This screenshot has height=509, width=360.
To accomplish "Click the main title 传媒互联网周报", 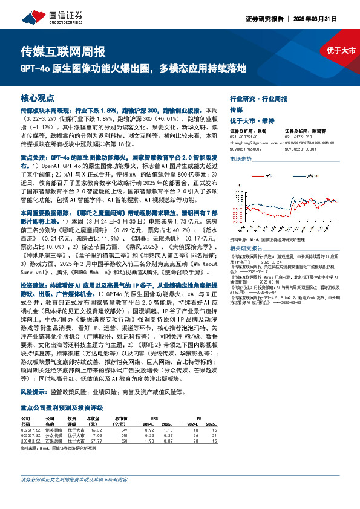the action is click(64, 51).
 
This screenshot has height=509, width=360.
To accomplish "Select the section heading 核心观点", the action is click(38, 97).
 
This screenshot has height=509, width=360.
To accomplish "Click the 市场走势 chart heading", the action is click(240, 158).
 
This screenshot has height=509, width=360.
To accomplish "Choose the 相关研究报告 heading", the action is click(246, 248).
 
